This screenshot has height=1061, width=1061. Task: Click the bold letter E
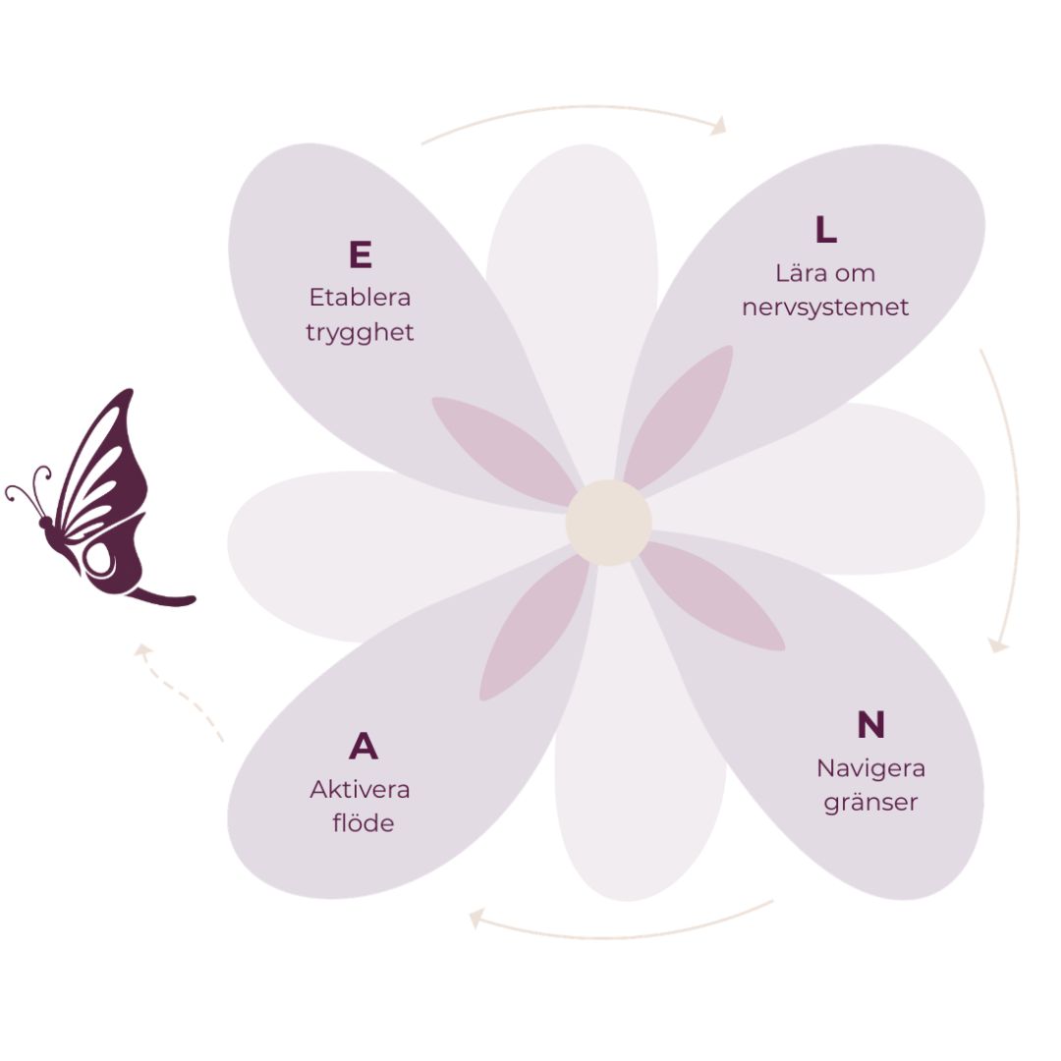pyautogui.click(x=360, y=254)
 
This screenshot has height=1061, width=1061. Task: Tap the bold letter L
pyautogui.click(x=825, y=230)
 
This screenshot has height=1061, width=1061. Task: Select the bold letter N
pyautogui.click(x=870, y=725)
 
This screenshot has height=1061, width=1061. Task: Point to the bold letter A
pyautogui.click(x=363, y=747)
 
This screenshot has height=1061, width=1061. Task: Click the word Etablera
pyautogui.click(x=360, y=297)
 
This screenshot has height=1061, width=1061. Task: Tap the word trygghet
pyautogui.click(x=360, y=332)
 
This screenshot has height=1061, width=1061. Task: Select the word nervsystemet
pyautogui.click(x=825, y=307)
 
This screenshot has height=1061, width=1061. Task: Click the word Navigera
pyautogui.click(x=870, y=767)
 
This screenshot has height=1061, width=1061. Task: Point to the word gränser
pyautogui.click(x=870, y=802)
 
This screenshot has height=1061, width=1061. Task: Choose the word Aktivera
pyautogui.click(x=360, y=789)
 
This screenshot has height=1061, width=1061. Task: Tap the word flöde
pyautogui.click(x=363, y=822)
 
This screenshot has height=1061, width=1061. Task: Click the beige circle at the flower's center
pyautogui.click(x=608, y=523)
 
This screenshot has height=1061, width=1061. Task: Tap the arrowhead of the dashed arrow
pyautogui.click(x=142, y=650)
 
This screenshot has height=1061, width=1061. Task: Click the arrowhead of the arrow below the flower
pyautogui.click(x=477, y=919)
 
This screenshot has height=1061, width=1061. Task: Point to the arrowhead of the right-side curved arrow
pyautogui.click(x=998, y=645)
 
